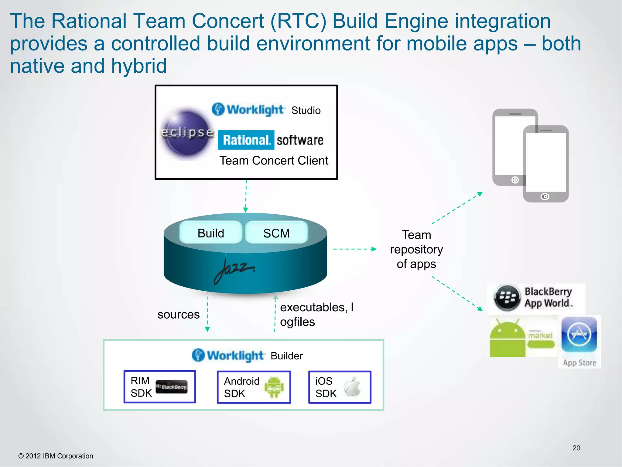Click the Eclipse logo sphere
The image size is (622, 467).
[186, 134]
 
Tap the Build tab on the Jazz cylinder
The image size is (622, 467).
[211, 233]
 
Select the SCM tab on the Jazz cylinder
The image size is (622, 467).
[276, 233]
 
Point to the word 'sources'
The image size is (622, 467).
[178, 314]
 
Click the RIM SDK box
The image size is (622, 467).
[160, 387]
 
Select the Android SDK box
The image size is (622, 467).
[254, 387]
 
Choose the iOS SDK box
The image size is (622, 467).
[340, 387]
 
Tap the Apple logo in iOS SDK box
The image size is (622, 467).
[352, 387]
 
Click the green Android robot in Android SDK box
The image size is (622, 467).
[274, 387]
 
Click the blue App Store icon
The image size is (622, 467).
[579, 334]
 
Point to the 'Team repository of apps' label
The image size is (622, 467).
[416, 249]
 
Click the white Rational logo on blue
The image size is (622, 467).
[246, 140]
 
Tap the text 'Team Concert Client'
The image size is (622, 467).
[274, 161]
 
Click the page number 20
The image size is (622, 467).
[576, 448]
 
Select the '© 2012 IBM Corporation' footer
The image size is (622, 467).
[56, 456]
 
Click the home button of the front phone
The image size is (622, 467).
[545, 197]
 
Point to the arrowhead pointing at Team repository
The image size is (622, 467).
[374, 249]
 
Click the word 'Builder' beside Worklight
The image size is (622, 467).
[287, 356]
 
